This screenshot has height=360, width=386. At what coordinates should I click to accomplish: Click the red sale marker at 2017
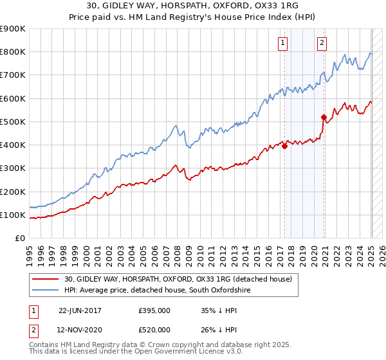pyautogui.click(x=284, y=146)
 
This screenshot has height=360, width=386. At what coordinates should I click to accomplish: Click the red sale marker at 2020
pyautogui.click(x=324, y=117)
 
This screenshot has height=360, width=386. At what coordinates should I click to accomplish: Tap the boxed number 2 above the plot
pyautogui.click(x=322, y=43)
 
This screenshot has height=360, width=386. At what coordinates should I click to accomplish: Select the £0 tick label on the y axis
pyautogui.click(x=19, y=238)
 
